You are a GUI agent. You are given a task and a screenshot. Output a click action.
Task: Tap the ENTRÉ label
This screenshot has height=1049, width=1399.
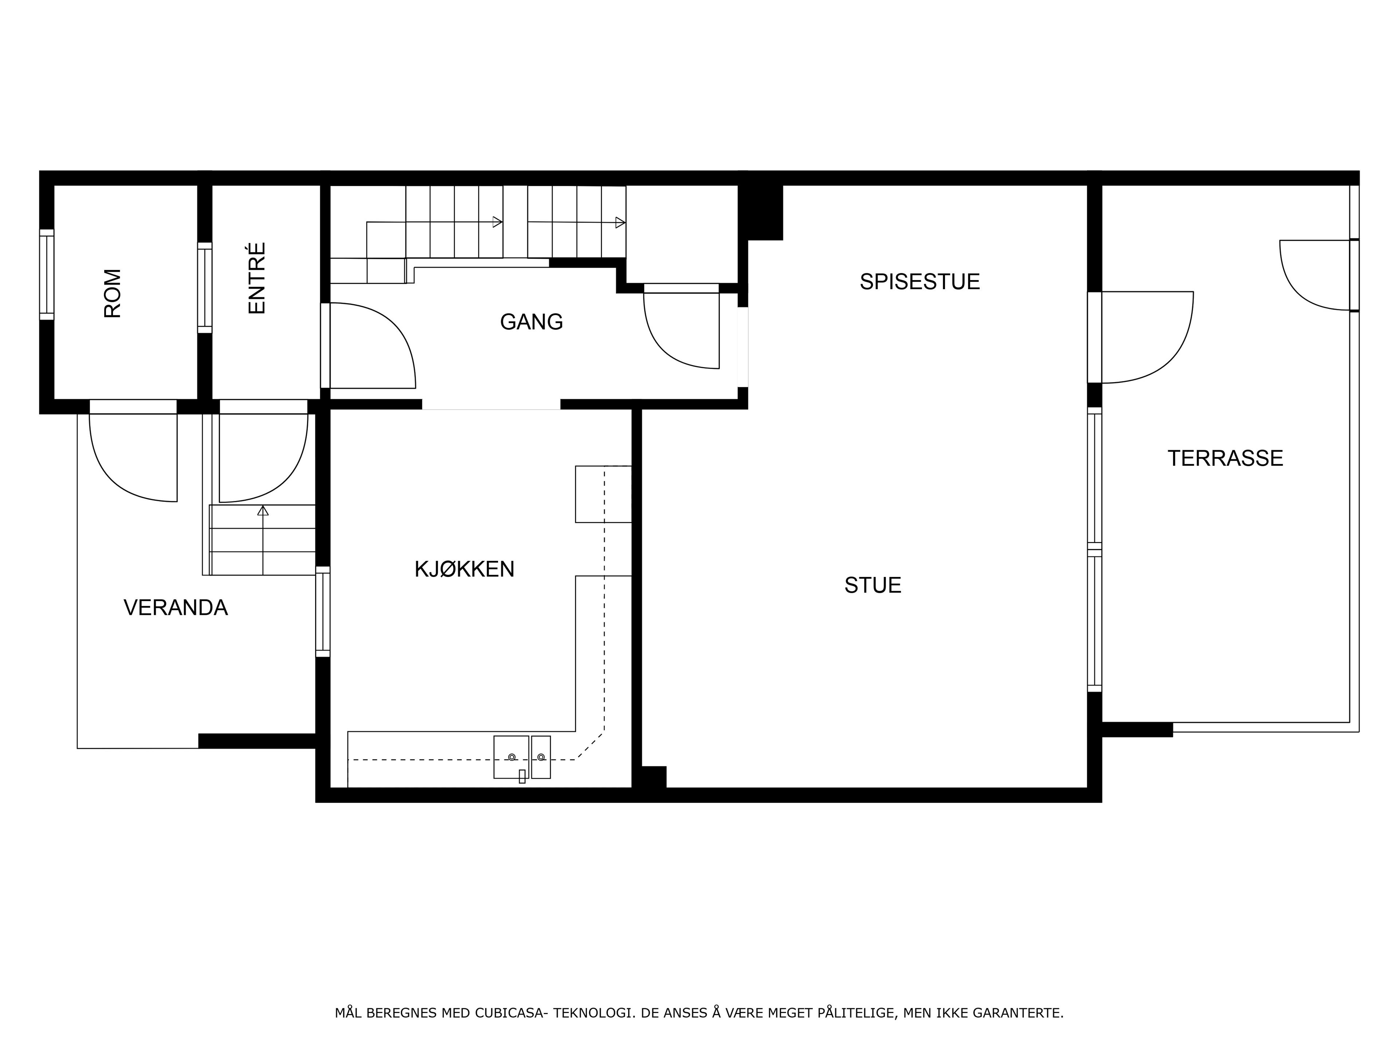pyautogui.click(x=257, y=278)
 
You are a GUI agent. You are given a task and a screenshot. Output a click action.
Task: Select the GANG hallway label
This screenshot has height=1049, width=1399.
pyautogui.click(x=531, y=322)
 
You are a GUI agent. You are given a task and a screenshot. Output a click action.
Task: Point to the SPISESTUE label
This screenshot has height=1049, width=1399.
pyautogui.click(x=920, y=282)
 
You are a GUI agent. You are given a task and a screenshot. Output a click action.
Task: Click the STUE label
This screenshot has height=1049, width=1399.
pyautogui.click(x=873, y=585)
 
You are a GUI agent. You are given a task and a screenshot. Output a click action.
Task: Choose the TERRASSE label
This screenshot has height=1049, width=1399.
pyautogui.click(x=1225, y=458)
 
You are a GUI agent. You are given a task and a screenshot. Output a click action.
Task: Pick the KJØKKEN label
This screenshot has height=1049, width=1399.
pyautogui.click(x=464, y=569)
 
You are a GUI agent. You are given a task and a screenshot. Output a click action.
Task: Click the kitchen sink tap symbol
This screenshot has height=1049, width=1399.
pyautogui.click(x=522, y=776)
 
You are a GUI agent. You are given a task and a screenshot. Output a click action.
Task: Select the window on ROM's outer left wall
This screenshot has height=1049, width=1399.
pyautogui.click(x=47, y=274)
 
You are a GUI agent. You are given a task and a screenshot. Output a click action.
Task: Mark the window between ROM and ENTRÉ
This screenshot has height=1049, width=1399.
pyautogui.click(x=204, y=288)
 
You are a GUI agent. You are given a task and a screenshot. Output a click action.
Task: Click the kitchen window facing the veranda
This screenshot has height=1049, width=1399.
pyautogui.click(x=322, y=612)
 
